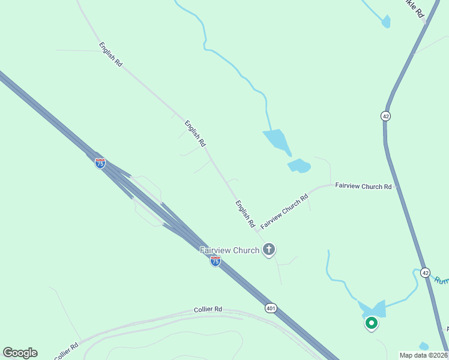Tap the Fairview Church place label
[x=230, y=250]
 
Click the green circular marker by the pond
[x=372, y=324]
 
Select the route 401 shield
[x=271, y=308]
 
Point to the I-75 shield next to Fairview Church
[x=215, y=260]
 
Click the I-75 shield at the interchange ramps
[x=100, y=163]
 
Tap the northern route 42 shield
[x=385, y=116]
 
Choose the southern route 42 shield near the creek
[x=425, y=272]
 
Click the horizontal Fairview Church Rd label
[x=363, y=187]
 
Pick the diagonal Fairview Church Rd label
[x=285, y=209]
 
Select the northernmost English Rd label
[x=111, y=54]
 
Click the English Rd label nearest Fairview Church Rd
[x=245, y=214]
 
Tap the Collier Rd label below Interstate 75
[x=208, y=309]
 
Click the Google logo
[x=20, y=353]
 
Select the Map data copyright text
[x=424, y=355]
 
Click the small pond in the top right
[x=386, y=22]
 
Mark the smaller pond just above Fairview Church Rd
[x=300, y=166]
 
